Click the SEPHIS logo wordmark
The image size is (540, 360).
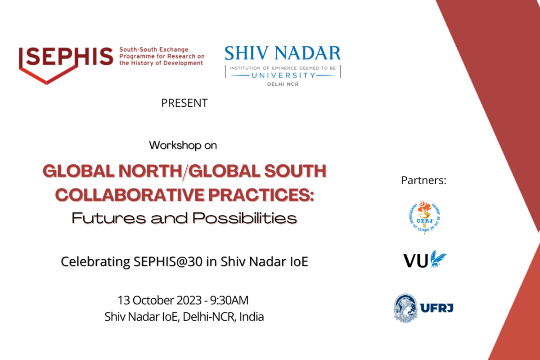point(70,56)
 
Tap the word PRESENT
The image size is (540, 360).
point(184,103)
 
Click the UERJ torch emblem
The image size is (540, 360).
point(424,217)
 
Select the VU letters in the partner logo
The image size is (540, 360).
point(416,261)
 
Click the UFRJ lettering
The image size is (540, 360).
point(436,308)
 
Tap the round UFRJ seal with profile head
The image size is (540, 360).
point(405,308)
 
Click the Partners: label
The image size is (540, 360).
point(423,180)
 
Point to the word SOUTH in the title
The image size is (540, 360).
point(295,171)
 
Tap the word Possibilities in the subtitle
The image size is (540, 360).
point(245,218)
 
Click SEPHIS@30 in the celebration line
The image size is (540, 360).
point(168,261)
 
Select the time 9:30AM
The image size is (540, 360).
point(229,300)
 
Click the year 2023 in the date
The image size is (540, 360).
point(189,300)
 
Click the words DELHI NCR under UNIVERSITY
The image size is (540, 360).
point(283,84)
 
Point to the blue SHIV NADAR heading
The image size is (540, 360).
point(283,53)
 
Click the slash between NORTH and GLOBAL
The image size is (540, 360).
point(185,172)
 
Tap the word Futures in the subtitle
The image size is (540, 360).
point(109,218)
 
